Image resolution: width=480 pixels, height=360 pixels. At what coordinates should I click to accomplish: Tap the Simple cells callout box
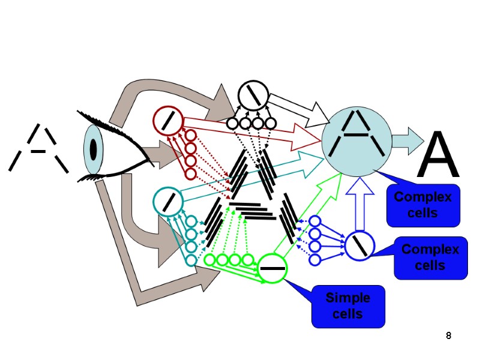[x=348, y=306]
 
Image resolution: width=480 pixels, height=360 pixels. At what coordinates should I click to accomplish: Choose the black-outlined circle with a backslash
[x=252, y=94]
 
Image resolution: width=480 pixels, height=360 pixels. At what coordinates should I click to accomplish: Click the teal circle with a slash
[x=168, y=200]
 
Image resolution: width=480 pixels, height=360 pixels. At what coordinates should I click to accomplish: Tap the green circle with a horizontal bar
[x=272, y=268]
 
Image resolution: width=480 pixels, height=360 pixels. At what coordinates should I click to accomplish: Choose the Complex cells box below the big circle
[x=423, y=205]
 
